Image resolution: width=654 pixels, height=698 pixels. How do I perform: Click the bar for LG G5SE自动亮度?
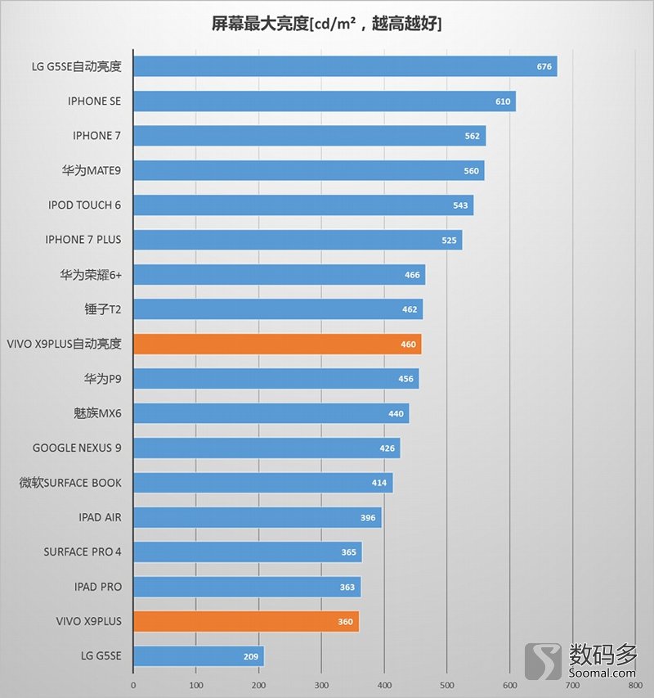point(344,66)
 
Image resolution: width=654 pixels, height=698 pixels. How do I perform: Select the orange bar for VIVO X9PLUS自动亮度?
point(276,344)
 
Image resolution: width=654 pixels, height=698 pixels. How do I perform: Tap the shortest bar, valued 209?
point(198,656)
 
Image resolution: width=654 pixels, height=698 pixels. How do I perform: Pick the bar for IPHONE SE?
point(324,101)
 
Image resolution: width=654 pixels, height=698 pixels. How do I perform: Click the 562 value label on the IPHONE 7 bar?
point(472,136)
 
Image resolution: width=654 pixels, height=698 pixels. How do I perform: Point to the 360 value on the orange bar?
point(345,622)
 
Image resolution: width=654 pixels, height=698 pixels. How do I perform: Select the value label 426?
point(387,448)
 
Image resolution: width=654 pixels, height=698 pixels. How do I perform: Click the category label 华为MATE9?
point(91,170)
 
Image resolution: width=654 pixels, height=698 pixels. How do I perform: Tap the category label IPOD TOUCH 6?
point(84,205)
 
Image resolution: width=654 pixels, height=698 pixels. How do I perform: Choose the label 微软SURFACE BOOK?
point(70,483)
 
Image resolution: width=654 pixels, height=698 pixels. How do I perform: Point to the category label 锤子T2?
point(102,309)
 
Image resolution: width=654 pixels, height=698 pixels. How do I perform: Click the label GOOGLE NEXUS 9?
point(77,448)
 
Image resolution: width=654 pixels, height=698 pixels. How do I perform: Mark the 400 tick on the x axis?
point(384,684)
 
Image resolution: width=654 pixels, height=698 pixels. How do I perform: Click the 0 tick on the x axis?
point(133,684)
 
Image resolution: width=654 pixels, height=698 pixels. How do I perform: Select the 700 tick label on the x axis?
point(572,684)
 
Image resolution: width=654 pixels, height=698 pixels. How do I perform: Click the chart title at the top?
point(326,25)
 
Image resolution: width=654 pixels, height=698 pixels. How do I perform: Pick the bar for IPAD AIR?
point(257,518)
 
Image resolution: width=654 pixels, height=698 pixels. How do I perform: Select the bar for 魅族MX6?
point(271,414)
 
